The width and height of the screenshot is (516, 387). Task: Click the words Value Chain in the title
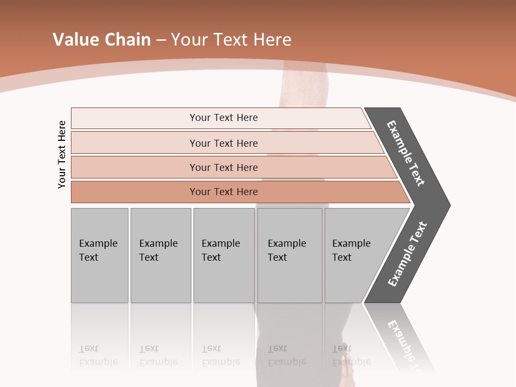click(x=102, y=40)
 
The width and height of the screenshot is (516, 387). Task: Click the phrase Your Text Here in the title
click(x=231, y=40)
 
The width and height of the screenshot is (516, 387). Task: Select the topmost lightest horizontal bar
click(x=134, y=118)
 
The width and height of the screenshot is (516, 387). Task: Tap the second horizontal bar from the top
click(x=134, y=143)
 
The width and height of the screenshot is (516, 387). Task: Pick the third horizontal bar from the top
click(x=134, y=167)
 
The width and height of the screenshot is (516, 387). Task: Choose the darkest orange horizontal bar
click(x=134, y=192)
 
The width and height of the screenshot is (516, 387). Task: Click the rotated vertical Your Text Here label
click(x=62, y=154)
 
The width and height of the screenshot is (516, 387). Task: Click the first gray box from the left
click(x=99, y=255)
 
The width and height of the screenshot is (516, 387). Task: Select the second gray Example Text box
click(x=161, y=255)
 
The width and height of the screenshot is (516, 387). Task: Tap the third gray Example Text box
click(x=224, y=255)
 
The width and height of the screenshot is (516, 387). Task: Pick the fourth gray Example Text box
click(x=290, y=255)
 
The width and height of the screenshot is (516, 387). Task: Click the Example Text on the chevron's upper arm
click(x=406, y=153)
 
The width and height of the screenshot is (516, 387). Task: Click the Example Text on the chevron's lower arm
click(x=407, y=254)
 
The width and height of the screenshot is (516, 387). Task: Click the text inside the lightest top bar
click(x=224, y=118)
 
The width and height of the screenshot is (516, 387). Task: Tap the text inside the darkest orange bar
click(x=224, y=192)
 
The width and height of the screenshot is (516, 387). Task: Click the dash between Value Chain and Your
click(x=161, y=40)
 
